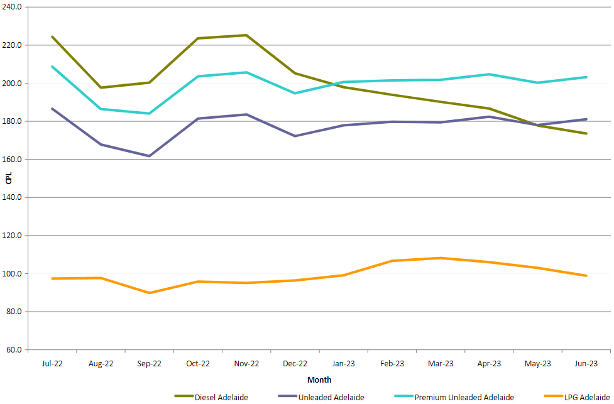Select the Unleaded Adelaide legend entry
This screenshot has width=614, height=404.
[x=332, y=397]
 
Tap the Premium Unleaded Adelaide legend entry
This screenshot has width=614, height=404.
[x=464, y=397]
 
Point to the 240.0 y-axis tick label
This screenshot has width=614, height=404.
[x=13, y=7]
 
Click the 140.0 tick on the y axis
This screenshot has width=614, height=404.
[x=13, y=197]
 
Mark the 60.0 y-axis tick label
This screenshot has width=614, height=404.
[x=14, y=350]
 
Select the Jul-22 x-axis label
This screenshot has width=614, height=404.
[x=52, y=364]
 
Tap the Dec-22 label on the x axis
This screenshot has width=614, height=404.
[x=295, y=364]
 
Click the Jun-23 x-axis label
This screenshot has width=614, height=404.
[x=586, y=364]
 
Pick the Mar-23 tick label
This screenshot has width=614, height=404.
[x=441, y=364]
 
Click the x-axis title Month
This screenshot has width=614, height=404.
[x=319, y=379]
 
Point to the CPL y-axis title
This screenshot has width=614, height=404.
[x=8, y=178]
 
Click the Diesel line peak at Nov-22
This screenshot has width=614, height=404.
[x=246, y=35]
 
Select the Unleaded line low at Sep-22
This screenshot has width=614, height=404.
[x=149, y=156]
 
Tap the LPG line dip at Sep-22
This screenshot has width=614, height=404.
[x=149, y=293]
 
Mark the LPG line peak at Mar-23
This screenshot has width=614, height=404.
[x=441, y=258]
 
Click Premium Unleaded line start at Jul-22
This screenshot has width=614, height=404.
[x=52, y=67]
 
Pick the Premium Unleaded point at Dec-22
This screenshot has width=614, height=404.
[x=295, y=93]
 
